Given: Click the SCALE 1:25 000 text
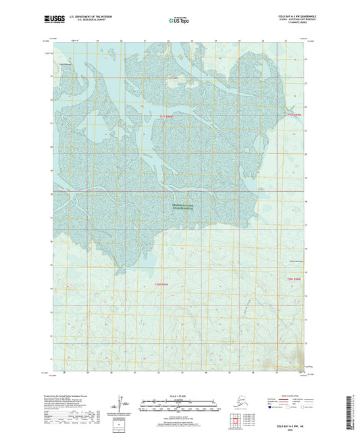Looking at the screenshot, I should [x=178, y=396].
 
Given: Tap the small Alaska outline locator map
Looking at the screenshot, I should [x=233, y=401].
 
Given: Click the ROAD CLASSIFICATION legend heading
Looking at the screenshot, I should [x=294, y=396].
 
